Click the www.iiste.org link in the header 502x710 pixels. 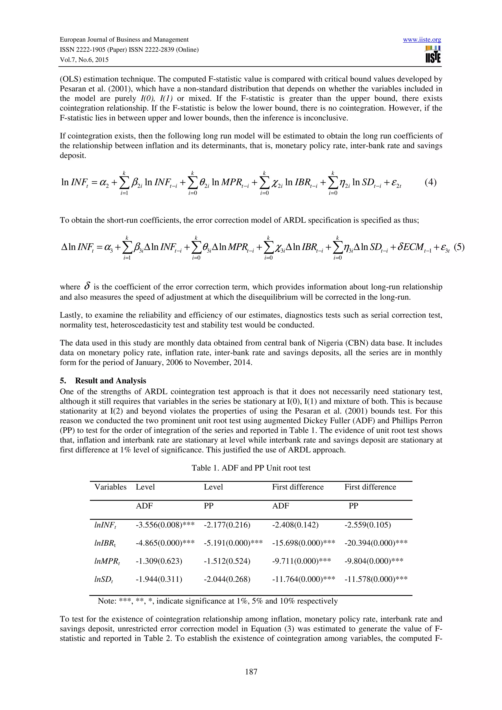(422, 40)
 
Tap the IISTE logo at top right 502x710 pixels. (433, 54)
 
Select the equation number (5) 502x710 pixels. (459, 247)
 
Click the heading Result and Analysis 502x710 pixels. (110, 381)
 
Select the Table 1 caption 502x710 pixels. (251, 468)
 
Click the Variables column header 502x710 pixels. (110, 487)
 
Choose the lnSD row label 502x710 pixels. (103, 579)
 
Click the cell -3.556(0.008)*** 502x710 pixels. (165, 525)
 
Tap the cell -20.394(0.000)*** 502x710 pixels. (376, 543)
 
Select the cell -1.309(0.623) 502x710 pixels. (159, 561)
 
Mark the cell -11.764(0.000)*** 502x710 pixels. (303, 579)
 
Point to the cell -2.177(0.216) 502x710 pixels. (227, 525)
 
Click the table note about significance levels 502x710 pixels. (217, 601)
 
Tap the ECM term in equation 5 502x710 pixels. (411, 247)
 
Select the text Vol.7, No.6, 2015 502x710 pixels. (84, 60)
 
